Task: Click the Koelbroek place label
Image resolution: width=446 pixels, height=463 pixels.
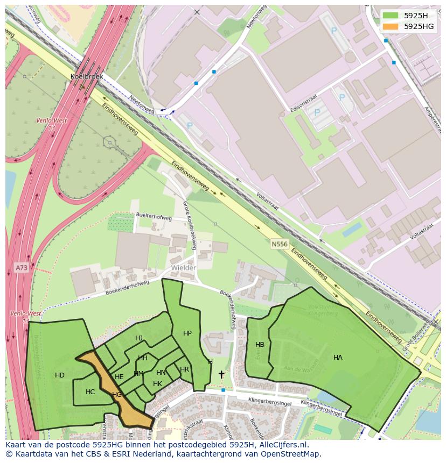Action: point(86,76)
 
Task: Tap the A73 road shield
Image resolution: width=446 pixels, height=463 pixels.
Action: point(21,267)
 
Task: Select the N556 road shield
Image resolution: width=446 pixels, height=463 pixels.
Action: point(279,244)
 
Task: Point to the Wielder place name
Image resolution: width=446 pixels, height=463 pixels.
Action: point(184,267)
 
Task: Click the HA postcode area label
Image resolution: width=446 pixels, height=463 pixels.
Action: point(338,357)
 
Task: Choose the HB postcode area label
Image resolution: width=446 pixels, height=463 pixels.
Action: point(260,345)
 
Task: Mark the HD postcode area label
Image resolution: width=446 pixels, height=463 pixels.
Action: point(60,375)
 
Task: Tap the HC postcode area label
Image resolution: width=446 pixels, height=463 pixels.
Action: point(90,391)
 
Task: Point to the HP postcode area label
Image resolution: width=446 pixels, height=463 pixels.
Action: point(187,333)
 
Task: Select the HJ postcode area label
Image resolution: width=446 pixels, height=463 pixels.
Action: point(139,338)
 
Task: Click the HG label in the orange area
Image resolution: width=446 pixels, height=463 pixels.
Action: point(117,394)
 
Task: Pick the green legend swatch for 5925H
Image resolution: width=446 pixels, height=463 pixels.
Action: point(391,15)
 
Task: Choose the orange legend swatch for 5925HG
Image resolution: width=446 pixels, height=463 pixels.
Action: point(391,26)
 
